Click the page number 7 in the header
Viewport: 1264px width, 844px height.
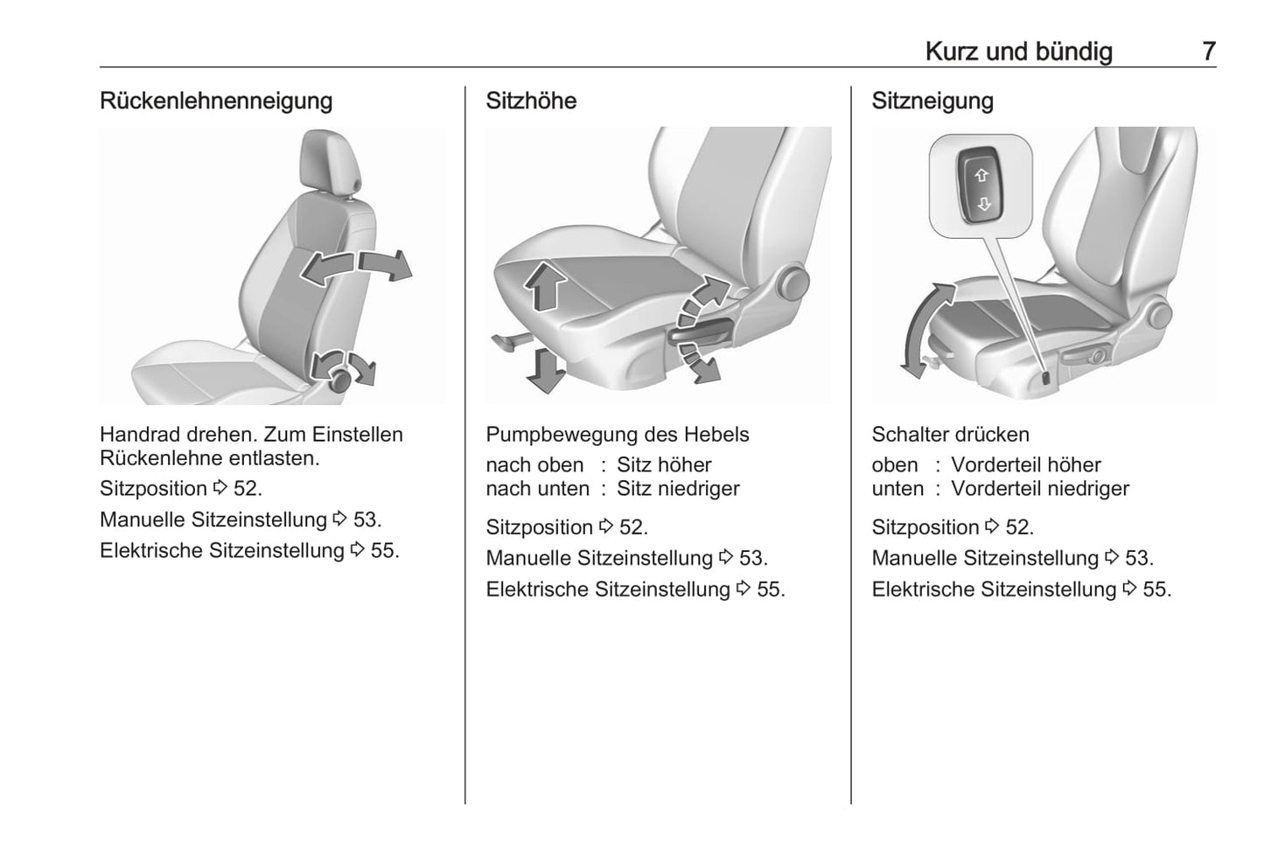click(1208, 52)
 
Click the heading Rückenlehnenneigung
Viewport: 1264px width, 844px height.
click(216, 101)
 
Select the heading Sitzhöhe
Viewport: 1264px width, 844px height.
click(531, 101)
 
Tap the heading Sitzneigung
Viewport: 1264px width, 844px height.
click(932, 101)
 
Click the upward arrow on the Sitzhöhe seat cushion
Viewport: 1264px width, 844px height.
click(545, 286)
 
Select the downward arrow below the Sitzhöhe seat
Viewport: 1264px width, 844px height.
click(545, 370)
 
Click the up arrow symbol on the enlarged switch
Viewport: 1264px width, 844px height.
click(981, 176)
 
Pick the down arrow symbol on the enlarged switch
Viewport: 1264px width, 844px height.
click(983, 204)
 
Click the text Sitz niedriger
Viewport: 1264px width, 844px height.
click(678, 489)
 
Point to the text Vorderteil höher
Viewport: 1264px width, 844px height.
click(1026, 465)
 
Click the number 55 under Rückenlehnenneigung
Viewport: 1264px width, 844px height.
click(382, 550)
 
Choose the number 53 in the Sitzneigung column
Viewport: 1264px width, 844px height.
click(1136, 558)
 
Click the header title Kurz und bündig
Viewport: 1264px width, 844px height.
click(1019, 52)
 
